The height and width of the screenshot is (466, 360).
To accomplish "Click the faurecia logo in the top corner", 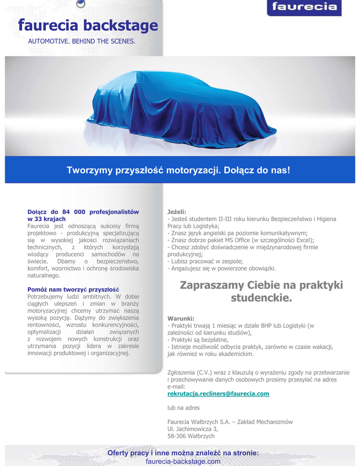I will point(304,7).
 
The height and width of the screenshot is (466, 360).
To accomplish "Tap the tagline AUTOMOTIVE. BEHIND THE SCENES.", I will point(82,41).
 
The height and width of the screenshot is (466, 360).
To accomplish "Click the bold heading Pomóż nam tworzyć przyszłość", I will point(73,289).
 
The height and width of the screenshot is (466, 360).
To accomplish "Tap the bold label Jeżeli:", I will point(177,212).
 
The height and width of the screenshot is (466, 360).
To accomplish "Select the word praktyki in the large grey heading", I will point(318,285).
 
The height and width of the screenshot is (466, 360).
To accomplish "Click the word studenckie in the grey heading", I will point(261,299).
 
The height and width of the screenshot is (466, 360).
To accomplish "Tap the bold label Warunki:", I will point(181,318).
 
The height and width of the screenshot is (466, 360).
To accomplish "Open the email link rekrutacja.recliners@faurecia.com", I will point(218,394).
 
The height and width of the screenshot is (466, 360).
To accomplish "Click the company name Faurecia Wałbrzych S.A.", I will point(198,422).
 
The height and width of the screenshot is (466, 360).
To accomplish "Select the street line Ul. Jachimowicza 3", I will point(193,429).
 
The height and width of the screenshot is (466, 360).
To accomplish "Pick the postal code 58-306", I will point(177,436).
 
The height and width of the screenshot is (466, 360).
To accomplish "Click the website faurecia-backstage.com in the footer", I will point(183,461).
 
